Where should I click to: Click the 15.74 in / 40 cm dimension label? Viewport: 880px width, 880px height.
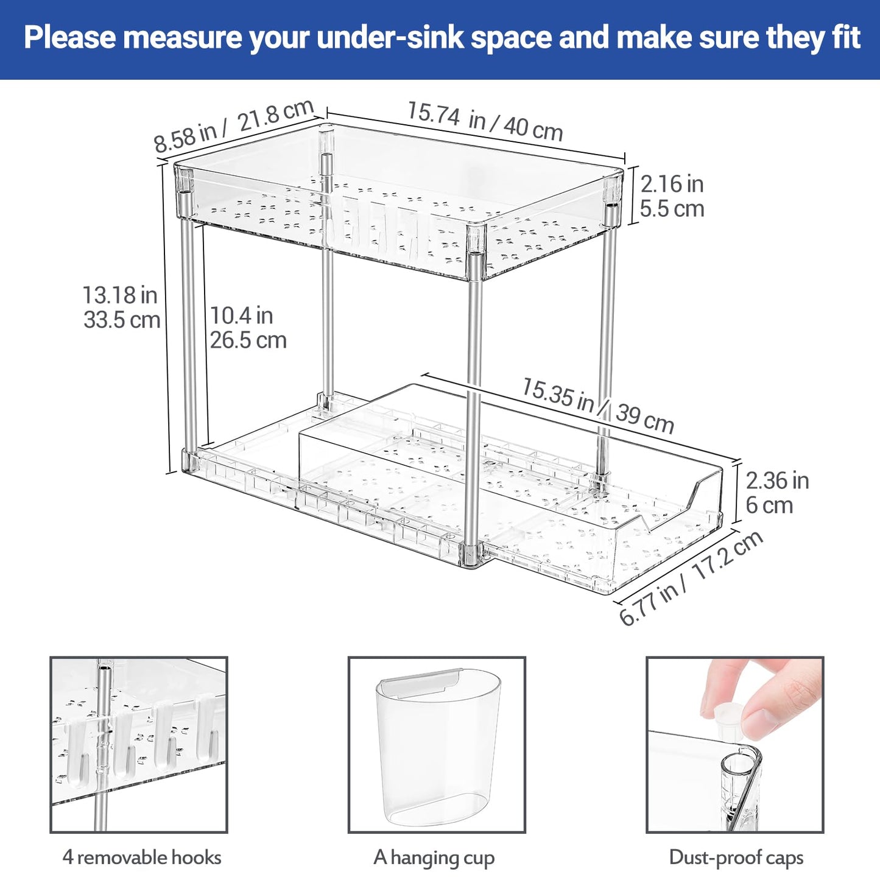click(x=485, y=121)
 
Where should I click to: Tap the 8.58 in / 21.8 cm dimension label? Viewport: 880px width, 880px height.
click(x=233, y=126)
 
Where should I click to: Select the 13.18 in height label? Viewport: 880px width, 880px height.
click(x=120, y=295)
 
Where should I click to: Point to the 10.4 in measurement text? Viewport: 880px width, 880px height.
click(x=241, y=315)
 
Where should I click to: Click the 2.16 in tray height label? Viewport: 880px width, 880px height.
click(x=672, y=184)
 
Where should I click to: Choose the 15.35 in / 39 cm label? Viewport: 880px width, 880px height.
click(x=597, y=406)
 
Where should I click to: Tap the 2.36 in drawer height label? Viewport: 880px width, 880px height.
click(x=777, y=480)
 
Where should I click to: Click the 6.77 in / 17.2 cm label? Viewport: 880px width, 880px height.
click(x=691, y=578)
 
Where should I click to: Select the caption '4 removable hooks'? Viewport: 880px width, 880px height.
click(x=142, y=857)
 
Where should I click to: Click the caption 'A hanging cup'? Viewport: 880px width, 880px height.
click(x=434, y=857)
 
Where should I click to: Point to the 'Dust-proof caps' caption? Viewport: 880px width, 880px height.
click(x=736, y=857)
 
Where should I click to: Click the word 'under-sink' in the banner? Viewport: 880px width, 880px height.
click(x=390, y=38)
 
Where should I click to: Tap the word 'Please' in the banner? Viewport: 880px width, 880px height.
click(x=69, y=38)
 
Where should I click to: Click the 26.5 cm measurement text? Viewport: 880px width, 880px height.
click(x=248, y=340)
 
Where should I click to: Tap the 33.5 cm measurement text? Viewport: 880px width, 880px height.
click(x=122, y=320)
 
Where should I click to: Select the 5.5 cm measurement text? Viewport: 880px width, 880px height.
click(x=672, y=209)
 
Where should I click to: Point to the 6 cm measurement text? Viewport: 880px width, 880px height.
click(x=769, y=505)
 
